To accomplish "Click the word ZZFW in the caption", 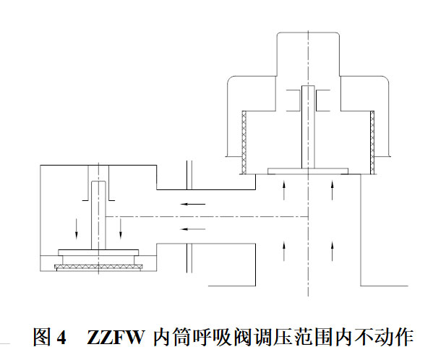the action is coord(116,337).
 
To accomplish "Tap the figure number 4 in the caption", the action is coord(61,337).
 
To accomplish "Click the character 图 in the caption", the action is coord(42,337).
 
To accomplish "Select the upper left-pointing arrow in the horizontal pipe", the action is coord(193,205).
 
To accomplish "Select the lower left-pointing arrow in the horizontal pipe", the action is coord(193,229).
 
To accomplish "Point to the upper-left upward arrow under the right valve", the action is coord(284,190).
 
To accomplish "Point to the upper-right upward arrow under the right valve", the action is coord(333,190).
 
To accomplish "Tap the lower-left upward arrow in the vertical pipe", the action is coord(284,251).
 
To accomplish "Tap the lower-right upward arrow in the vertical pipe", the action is coord(333,251).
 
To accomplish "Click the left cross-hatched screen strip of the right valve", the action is coord(244,142).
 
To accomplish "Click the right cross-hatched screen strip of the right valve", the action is coord(372,142).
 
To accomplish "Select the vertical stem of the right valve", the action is coord(308,127).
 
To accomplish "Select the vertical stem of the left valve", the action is coord(98,215).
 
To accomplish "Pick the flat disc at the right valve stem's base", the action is coord(308,171).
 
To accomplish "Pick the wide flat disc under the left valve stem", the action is coord(98,252).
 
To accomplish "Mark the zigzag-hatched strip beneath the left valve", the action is coord(98,267).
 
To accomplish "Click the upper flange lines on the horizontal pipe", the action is coord(189,175).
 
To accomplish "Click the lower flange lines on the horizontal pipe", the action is coord(189,258).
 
